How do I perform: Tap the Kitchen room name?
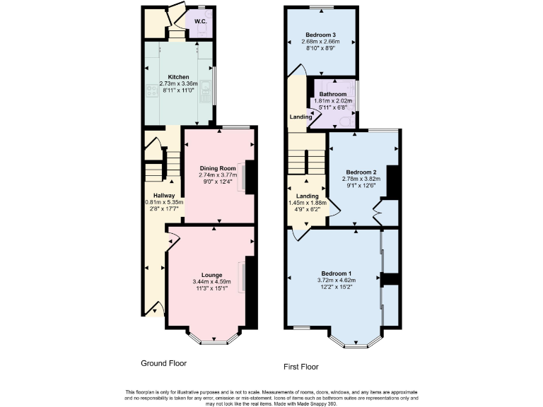pos(178,76)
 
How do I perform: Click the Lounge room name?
pos(212,275)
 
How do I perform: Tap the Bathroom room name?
pos(332,94)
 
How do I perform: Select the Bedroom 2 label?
pos(361,172)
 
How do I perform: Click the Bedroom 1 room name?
pos(337,273)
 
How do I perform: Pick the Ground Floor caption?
pos(163,363)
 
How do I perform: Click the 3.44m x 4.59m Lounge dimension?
pos(212,282)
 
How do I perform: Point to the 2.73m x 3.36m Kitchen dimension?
pos(178,83)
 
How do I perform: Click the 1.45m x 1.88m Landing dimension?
pos(306,203)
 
